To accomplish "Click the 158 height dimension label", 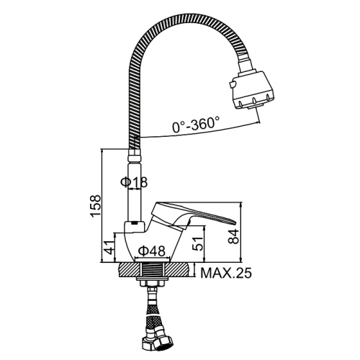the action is pyautogui.click(x=96, y=206).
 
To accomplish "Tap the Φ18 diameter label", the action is pyautogui.click(x=134, y=182).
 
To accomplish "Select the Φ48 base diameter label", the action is pyautogui.click(x=152, y=251).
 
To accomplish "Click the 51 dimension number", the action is pyautogui.click(x=198, y=244).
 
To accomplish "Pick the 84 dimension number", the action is pyautogui.click(x=234, y=236).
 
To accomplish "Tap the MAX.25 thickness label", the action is pyautogui.click(x=226, y=273).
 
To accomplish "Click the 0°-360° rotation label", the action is pyautogui.click(x=196, y=124).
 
